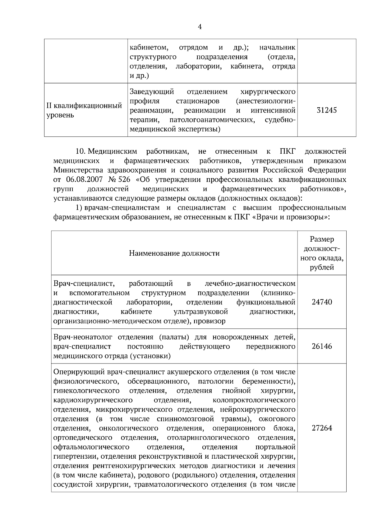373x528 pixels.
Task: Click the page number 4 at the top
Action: tap(200, 27)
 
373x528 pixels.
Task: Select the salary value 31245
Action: tap(327, 110)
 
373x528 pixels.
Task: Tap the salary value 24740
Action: tap(322, 302)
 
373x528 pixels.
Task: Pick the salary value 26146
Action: tap(322, 346)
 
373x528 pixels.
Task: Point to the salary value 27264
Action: tap(322, 428)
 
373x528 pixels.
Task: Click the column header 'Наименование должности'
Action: tap(174, 253)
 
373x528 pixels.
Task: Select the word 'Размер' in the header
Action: tap(322, 239)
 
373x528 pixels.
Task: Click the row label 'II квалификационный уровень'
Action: tap(84, 110)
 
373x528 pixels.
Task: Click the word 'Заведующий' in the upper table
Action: tap(151, 92)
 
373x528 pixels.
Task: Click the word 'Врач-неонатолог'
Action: tap(81, 337)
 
